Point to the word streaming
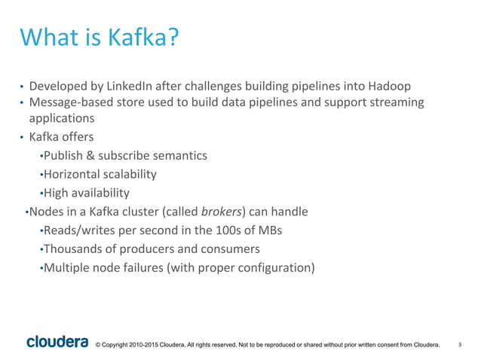pos(397,102)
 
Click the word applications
pos(61,118)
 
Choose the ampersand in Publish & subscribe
pos(88,156)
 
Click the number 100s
pos(236,230)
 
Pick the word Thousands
pos(74,249)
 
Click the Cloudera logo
pos(57,343)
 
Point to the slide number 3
pos(460,345)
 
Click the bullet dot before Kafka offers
pos(22,138)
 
